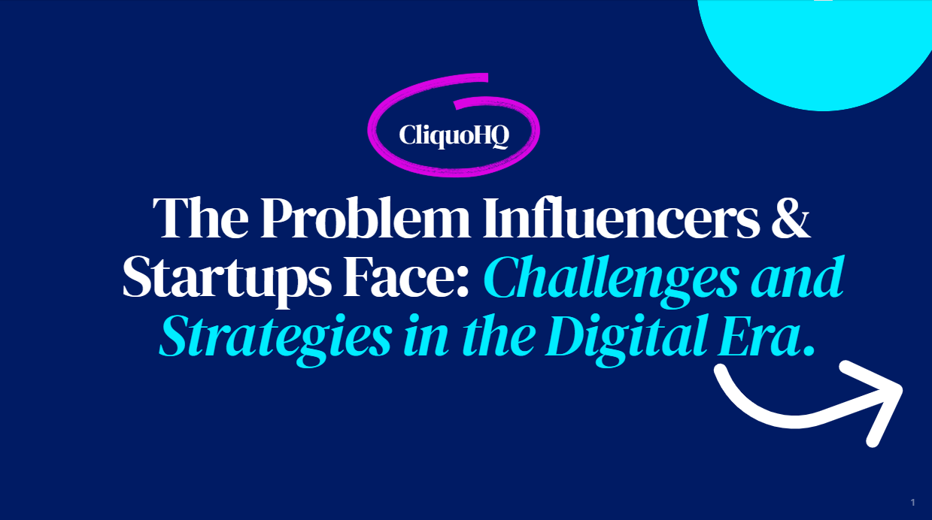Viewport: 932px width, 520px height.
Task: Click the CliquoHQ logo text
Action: (454, 135)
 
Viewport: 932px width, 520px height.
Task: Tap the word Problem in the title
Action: (365, 218)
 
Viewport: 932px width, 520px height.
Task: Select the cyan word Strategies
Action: (275, 340)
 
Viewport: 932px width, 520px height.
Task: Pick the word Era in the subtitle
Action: (758, 337)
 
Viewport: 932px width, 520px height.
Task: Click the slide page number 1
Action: (913, 503)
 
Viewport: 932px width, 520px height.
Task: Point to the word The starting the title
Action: (201, 218)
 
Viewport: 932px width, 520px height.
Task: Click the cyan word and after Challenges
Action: (797, 277)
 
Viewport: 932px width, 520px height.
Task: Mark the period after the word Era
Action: (809, 352)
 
